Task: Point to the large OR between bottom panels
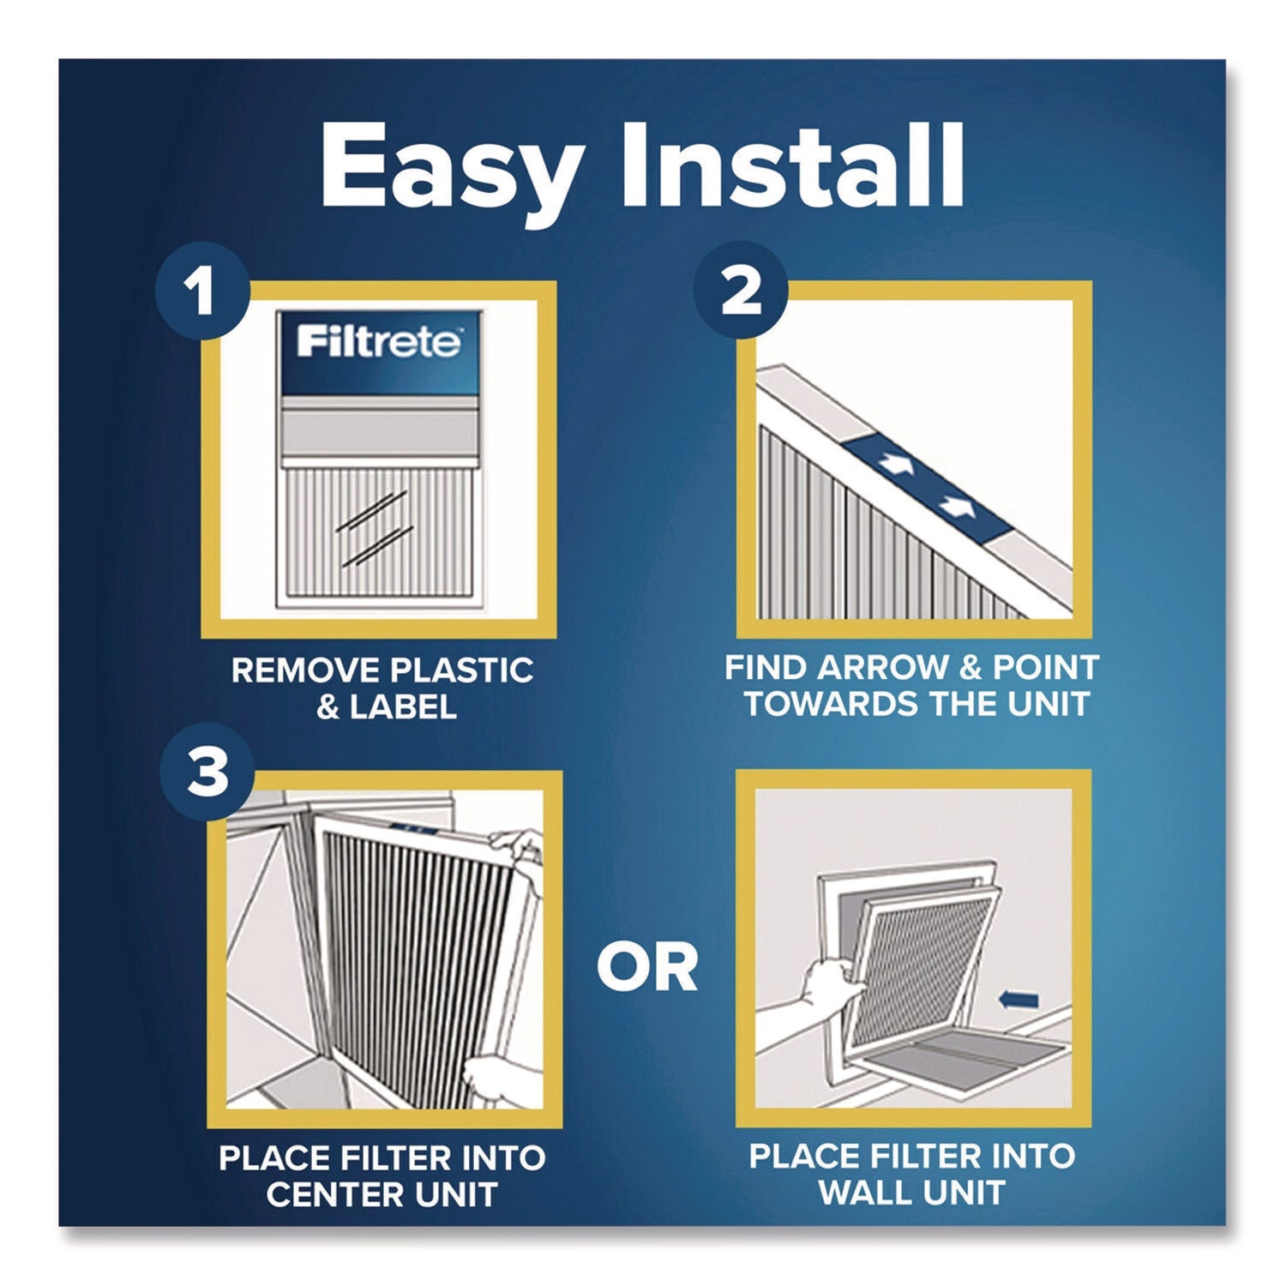coord(647,968)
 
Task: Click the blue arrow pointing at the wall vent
coord(1019,1000)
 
